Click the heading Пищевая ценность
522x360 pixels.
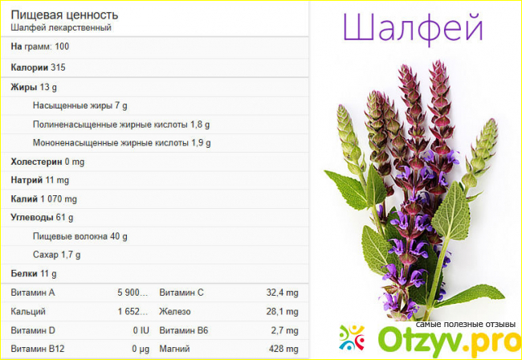pos(64,15)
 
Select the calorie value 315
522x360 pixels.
pos(58,67)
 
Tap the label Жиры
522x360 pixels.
pos(23,88)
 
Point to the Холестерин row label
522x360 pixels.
pos(36,162)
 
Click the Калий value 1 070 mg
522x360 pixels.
pos(59,199)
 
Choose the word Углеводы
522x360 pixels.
pos(32,218)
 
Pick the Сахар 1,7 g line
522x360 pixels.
pos(56,255)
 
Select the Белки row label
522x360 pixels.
pos(24,274)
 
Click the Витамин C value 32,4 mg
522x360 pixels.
pos(283,292)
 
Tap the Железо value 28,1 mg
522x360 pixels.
pos(283,312)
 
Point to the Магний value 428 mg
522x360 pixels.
pos(283,349)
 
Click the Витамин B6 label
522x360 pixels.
pos(184,331)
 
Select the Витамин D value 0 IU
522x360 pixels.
pos(141,331)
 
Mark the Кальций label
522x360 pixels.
pos(28,312)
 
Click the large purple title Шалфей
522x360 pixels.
pos(413,28)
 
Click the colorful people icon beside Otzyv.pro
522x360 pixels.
pos(353,337)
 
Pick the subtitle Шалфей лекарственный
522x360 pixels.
pos(61,27)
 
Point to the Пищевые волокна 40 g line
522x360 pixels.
pos(80,236)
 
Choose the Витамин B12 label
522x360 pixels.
pos(38,349)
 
